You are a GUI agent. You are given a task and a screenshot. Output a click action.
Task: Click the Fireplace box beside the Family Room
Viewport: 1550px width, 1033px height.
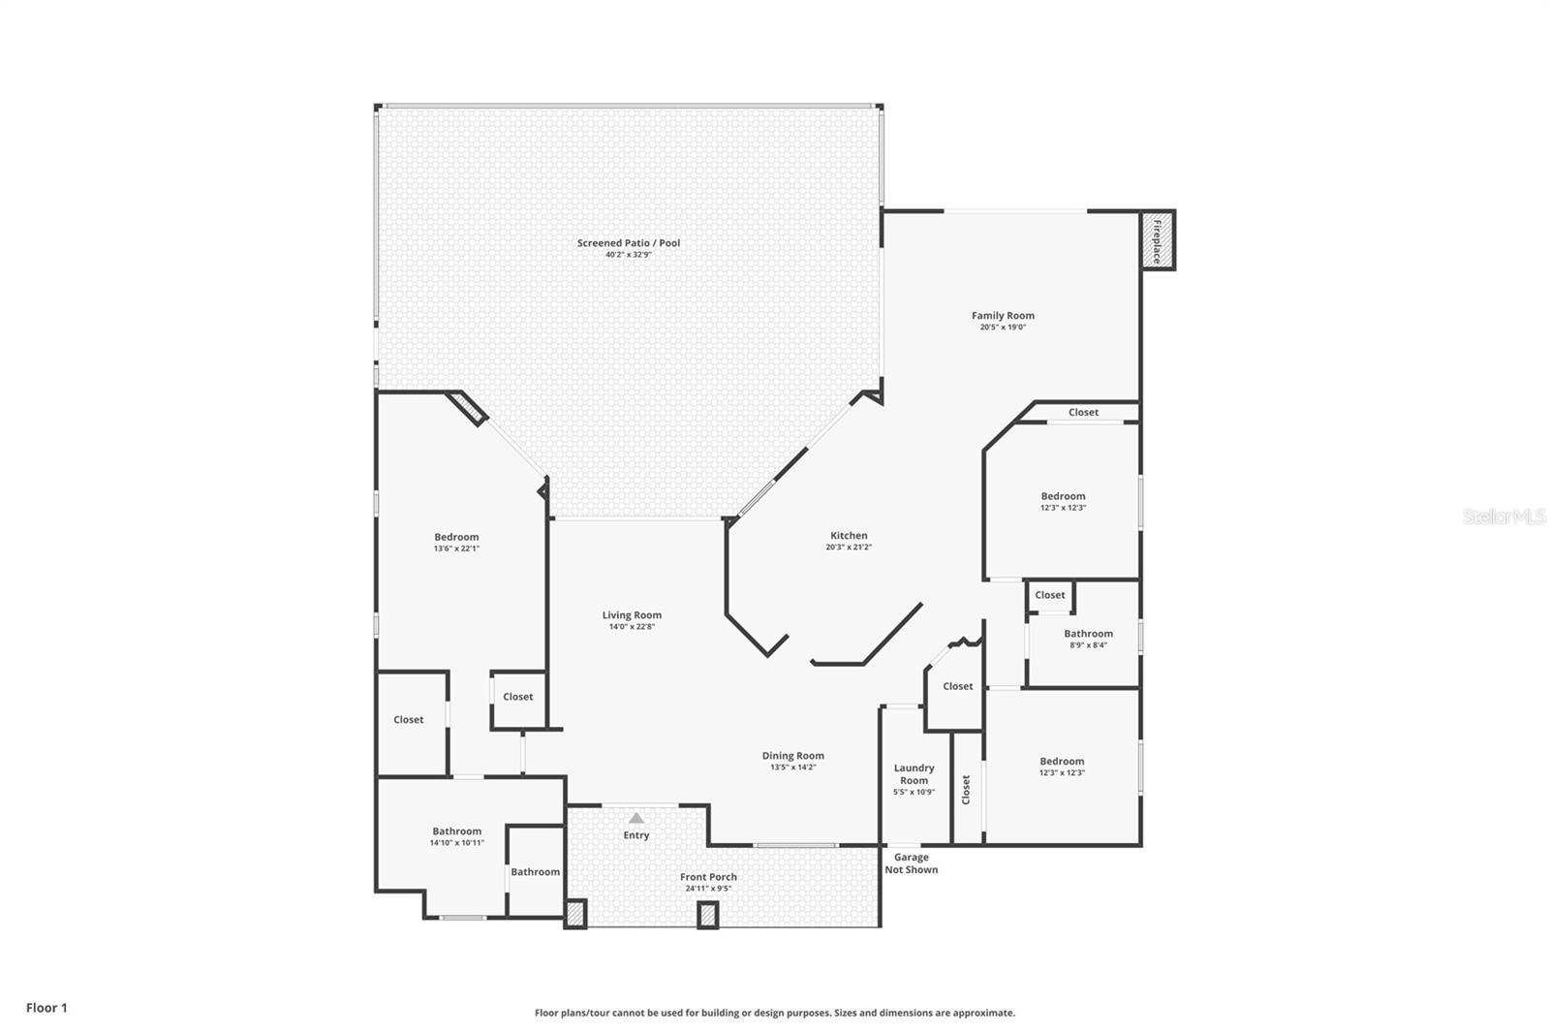(x=1158, y=240)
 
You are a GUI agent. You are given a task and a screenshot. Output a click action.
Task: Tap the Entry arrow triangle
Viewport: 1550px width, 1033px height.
(x=635, y=818)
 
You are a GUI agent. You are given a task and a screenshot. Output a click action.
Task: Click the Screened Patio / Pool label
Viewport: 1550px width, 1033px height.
(x=629, y=243)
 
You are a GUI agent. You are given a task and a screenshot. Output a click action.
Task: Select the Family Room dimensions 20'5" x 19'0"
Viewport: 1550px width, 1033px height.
(x=1003, y=328)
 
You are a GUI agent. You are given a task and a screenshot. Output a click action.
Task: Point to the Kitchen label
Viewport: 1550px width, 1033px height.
(x=849, y=536)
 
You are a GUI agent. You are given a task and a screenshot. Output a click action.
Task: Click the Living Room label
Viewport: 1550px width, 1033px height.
(x=632, y=615)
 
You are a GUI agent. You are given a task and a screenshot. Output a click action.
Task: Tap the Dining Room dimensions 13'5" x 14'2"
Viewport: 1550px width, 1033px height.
(x=792, y=767)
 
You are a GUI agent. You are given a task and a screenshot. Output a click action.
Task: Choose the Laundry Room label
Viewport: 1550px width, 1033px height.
(x=914, y=774)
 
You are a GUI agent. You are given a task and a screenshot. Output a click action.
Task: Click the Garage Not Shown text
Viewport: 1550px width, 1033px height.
(x=911, y=863)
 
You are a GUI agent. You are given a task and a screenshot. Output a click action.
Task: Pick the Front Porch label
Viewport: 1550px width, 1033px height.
(x=708, y=877)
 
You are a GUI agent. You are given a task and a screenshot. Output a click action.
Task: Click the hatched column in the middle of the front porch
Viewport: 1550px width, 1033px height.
(x=708, y=915)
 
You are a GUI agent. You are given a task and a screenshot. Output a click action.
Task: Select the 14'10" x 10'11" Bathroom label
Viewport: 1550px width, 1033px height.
(x=456, y=831)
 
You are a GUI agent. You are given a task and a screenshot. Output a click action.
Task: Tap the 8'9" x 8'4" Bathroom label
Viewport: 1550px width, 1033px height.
(x=1088, y=634)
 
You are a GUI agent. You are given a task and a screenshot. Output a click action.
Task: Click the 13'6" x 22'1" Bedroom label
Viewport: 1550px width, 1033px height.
(x=456, y=537)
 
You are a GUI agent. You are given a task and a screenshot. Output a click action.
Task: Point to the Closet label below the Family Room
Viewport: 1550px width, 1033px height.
(x=1083, y=413)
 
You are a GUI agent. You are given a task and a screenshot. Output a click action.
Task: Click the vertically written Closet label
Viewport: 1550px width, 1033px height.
(x=966, y=789)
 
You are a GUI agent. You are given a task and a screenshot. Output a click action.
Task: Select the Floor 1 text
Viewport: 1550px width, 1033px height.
(x=46, y=1008)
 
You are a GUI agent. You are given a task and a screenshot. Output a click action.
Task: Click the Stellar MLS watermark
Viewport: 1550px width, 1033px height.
(x=1503, y=517)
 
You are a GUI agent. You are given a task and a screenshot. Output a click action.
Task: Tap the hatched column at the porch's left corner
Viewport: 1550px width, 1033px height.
(x=575, y=915)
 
